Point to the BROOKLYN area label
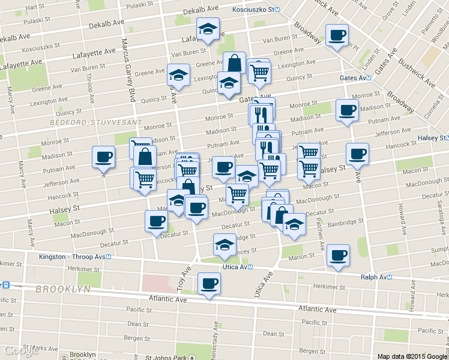[x=62, y=289]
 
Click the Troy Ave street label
[x=181, y=280]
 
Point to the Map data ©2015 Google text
[x=411, y=356]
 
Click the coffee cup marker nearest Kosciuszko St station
[x=336, y=34]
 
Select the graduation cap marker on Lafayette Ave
[x=208, y=28]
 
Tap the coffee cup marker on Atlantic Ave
[x=209, y=283]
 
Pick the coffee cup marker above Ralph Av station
[x=337, y=255]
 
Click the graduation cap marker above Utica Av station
[x=224, y=244]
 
